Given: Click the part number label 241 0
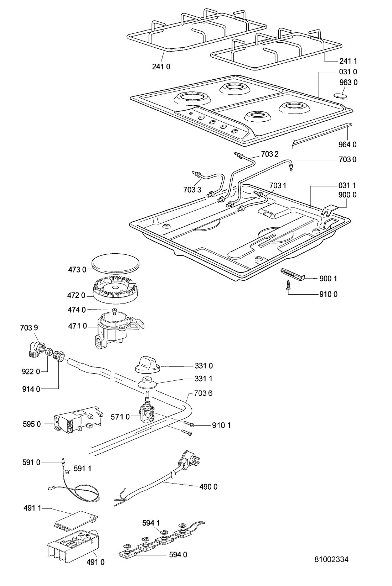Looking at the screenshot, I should pyautogui.click(x=161, y=67).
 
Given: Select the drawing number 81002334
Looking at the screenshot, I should pyautogui.click(x=331, y=559).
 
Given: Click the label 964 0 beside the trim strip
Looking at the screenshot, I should pyautogui.click(x=347, y=144).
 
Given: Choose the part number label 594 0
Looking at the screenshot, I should pyautogui.click(x=179, y=554).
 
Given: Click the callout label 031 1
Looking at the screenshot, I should pyautogui.click(x=347, y=185).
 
